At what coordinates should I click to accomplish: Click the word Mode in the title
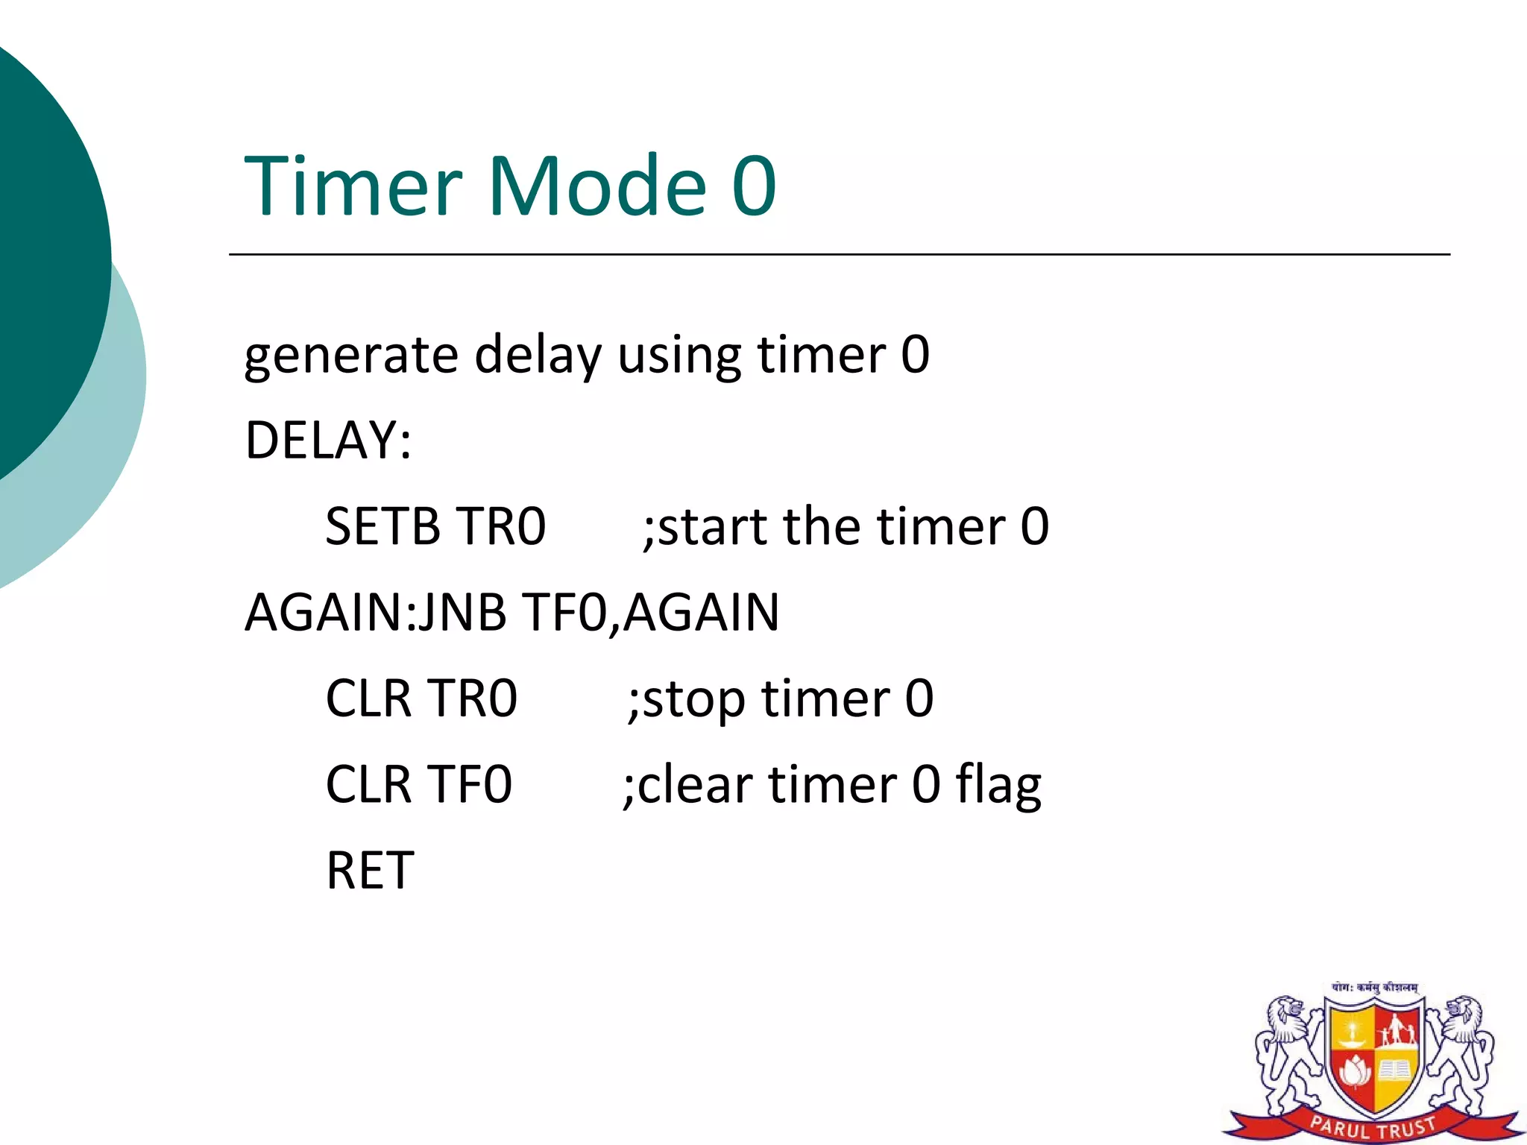click(596, 186)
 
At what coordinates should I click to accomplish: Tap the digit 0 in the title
click(755, 186)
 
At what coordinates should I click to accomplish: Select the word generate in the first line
click(350, 356)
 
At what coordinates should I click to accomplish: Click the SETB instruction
click(382, 526)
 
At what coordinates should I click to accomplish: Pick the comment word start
click(712, 526)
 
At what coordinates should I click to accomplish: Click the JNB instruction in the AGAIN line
click(462, 613)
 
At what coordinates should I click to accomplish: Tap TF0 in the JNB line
click(564, 613)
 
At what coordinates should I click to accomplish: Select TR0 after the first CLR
click(473, 698)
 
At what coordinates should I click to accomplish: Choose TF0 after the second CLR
click(470, 784)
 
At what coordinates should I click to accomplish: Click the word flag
click(998, 786)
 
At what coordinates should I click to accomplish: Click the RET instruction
click(370, 871)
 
